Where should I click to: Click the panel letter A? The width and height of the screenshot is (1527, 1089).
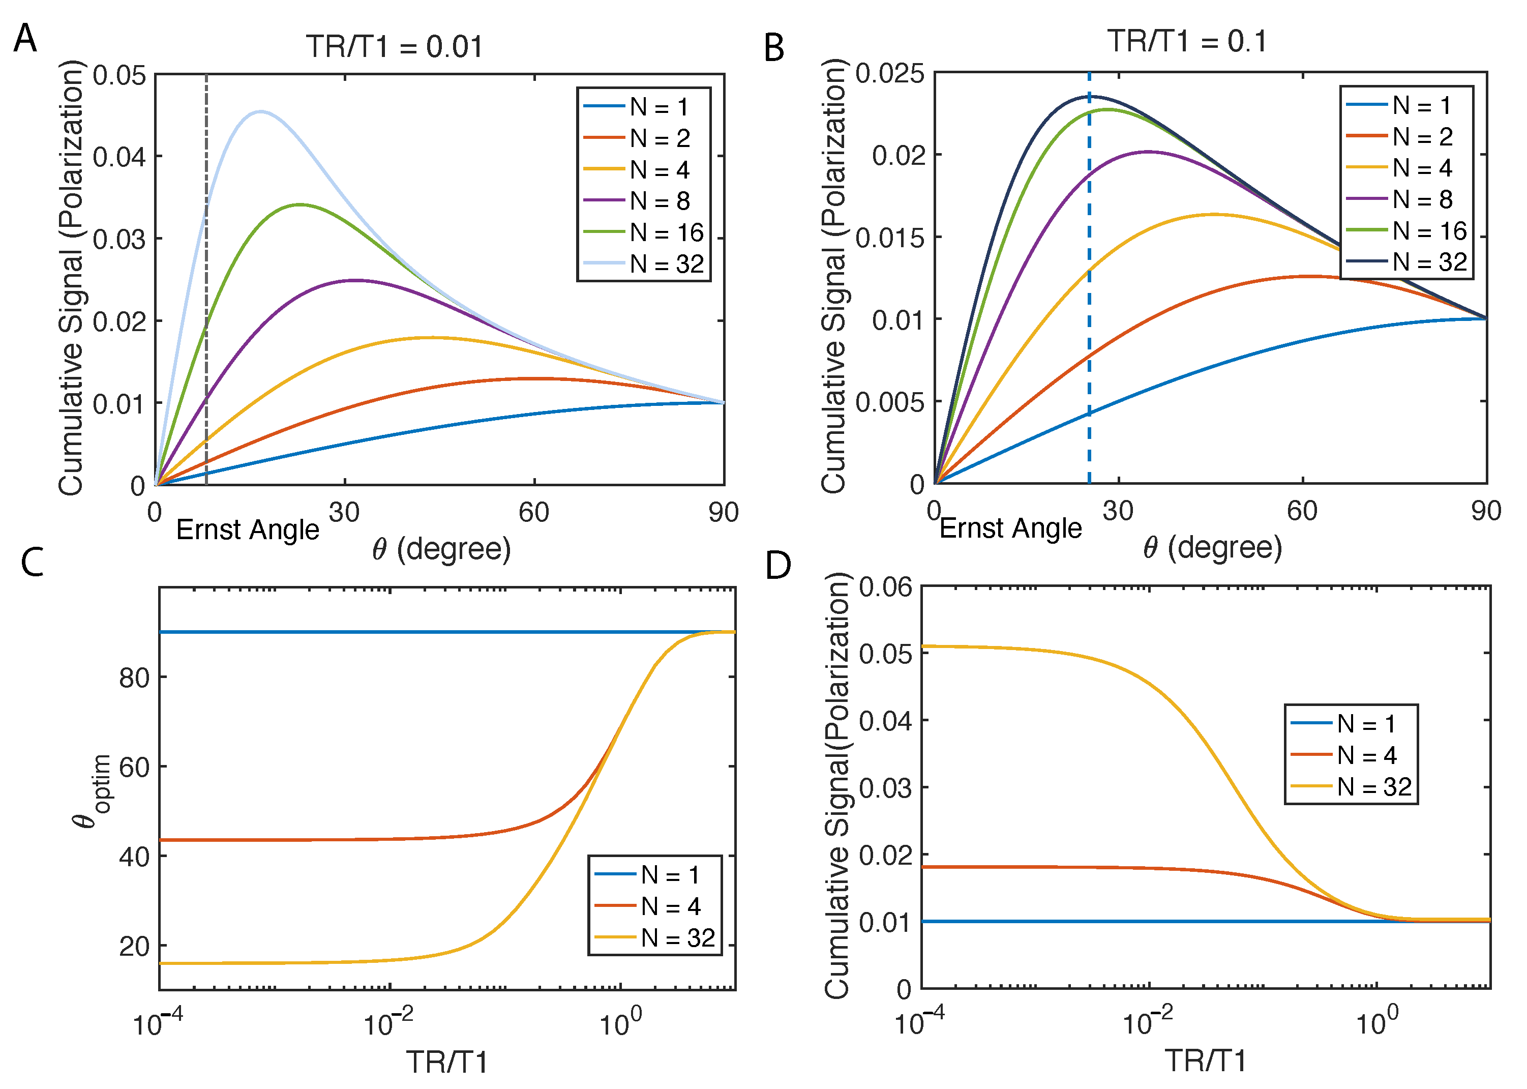click(25, 38)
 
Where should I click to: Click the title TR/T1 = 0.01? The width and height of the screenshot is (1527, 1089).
click(394, 47)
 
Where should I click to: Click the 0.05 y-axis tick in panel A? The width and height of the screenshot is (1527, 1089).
click(119, 75)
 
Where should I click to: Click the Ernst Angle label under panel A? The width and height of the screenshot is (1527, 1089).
click(247, 529)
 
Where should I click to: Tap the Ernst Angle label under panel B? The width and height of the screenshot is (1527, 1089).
click(1010, 528)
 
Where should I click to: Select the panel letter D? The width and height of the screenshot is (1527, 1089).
click(777, 565)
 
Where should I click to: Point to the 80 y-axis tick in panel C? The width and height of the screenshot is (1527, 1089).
click(134, 678)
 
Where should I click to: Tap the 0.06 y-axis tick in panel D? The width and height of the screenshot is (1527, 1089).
click(885, 587)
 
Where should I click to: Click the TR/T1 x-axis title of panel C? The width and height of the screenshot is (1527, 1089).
click(447, 1062)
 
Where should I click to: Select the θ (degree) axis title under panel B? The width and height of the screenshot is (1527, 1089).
click(1212, 548)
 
